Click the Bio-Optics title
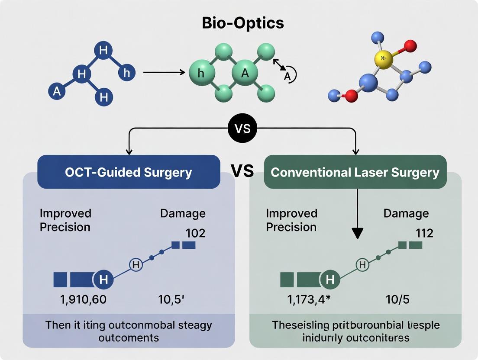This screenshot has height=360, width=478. point(243,22)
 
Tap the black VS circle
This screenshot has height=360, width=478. point(242,129)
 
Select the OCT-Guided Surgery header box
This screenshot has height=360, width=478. point(129,172)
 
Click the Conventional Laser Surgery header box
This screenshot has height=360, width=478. point(355,172)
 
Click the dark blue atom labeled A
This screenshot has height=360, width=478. point(57,91)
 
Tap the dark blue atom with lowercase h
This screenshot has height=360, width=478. point(126,73)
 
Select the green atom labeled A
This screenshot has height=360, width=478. point(245,73)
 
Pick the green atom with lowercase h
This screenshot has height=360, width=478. point(201,73)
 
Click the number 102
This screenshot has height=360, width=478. point(195,233)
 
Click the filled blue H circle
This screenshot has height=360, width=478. point(103,280)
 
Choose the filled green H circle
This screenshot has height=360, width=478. point(330,280)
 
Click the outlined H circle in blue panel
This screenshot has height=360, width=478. point(136,264)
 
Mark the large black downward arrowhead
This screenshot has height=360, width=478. point(357,233)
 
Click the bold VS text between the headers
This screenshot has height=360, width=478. point(242,171)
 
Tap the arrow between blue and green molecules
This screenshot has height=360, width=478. point(164,72)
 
